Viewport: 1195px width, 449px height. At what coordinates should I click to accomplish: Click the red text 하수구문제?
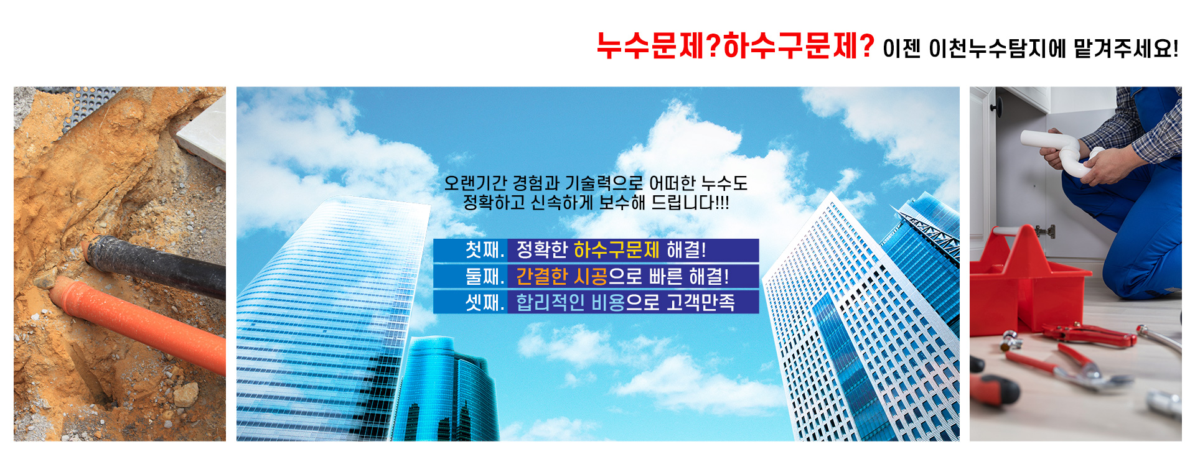(x=799, y=46)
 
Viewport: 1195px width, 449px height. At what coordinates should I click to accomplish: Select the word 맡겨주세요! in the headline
(x=1126, y=49)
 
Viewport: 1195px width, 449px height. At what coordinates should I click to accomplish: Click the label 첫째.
(x=484, y=250)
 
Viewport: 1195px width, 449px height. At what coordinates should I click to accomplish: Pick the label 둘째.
(x=484, y=276)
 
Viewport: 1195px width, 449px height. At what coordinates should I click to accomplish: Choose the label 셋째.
(x=484, y=302)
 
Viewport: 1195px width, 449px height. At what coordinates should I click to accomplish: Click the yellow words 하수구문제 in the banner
(x=616, y=250)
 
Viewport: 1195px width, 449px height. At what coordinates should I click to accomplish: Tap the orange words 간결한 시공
(x=561, y=276)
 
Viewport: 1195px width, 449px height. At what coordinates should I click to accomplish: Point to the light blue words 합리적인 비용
(x=570, y=302)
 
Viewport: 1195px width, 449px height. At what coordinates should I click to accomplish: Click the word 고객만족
(x=701, y=302)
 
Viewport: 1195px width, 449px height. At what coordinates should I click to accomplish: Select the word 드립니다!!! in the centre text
(x=690, y=203)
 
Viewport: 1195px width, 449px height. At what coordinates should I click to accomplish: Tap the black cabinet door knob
(x=993, y=108)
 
